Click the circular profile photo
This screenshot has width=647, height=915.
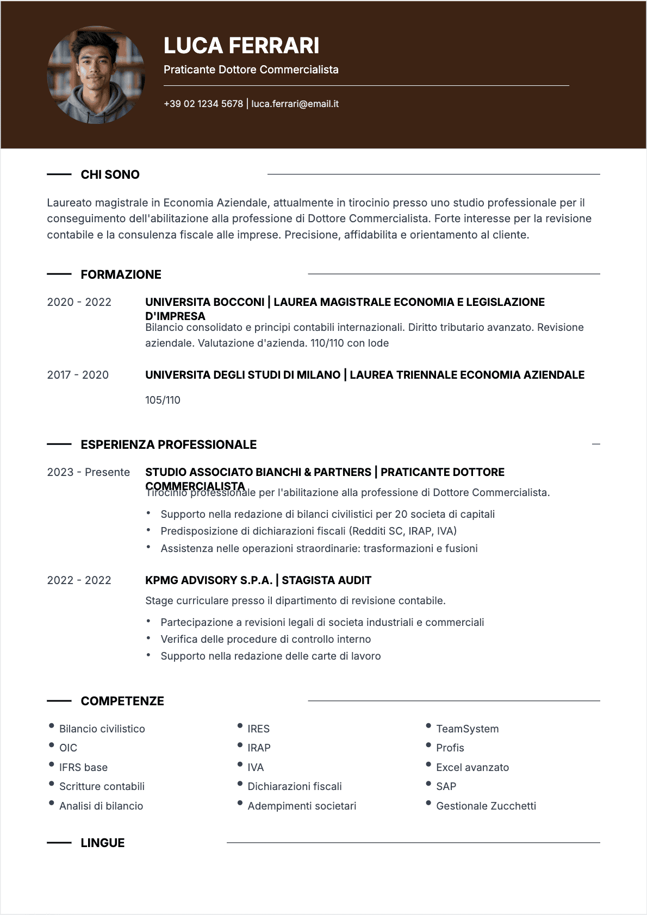coord(96,75)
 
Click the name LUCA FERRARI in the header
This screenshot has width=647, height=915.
coord(241,46)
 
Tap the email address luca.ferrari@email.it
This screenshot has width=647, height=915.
coord(295,104)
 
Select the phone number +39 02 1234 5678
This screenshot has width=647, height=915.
coord(203,104)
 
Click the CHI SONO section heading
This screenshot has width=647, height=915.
coord(110,174)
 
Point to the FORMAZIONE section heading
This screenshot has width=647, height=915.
coord(121,274)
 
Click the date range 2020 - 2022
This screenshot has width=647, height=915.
coord(79,302)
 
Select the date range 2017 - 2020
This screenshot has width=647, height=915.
coord(78,375)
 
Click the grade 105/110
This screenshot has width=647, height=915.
coord(163,400)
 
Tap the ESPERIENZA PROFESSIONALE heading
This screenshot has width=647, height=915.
coord(169,444)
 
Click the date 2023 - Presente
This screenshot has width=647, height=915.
coord(89,472)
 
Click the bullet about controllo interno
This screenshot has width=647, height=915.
coord(265,639)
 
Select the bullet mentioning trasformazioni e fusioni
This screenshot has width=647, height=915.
coord(319,548)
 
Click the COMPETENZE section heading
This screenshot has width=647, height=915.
coord(122,701)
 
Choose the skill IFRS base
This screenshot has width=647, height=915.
coord(83,767)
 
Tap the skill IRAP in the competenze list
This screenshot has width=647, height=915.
coord(259,748)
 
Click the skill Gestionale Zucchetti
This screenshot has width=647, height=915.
coord(486,806)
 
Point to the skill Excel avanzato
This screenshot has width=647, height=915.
coord(472,767)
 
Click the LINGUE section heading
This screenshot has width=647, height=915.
coord(102,843)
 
